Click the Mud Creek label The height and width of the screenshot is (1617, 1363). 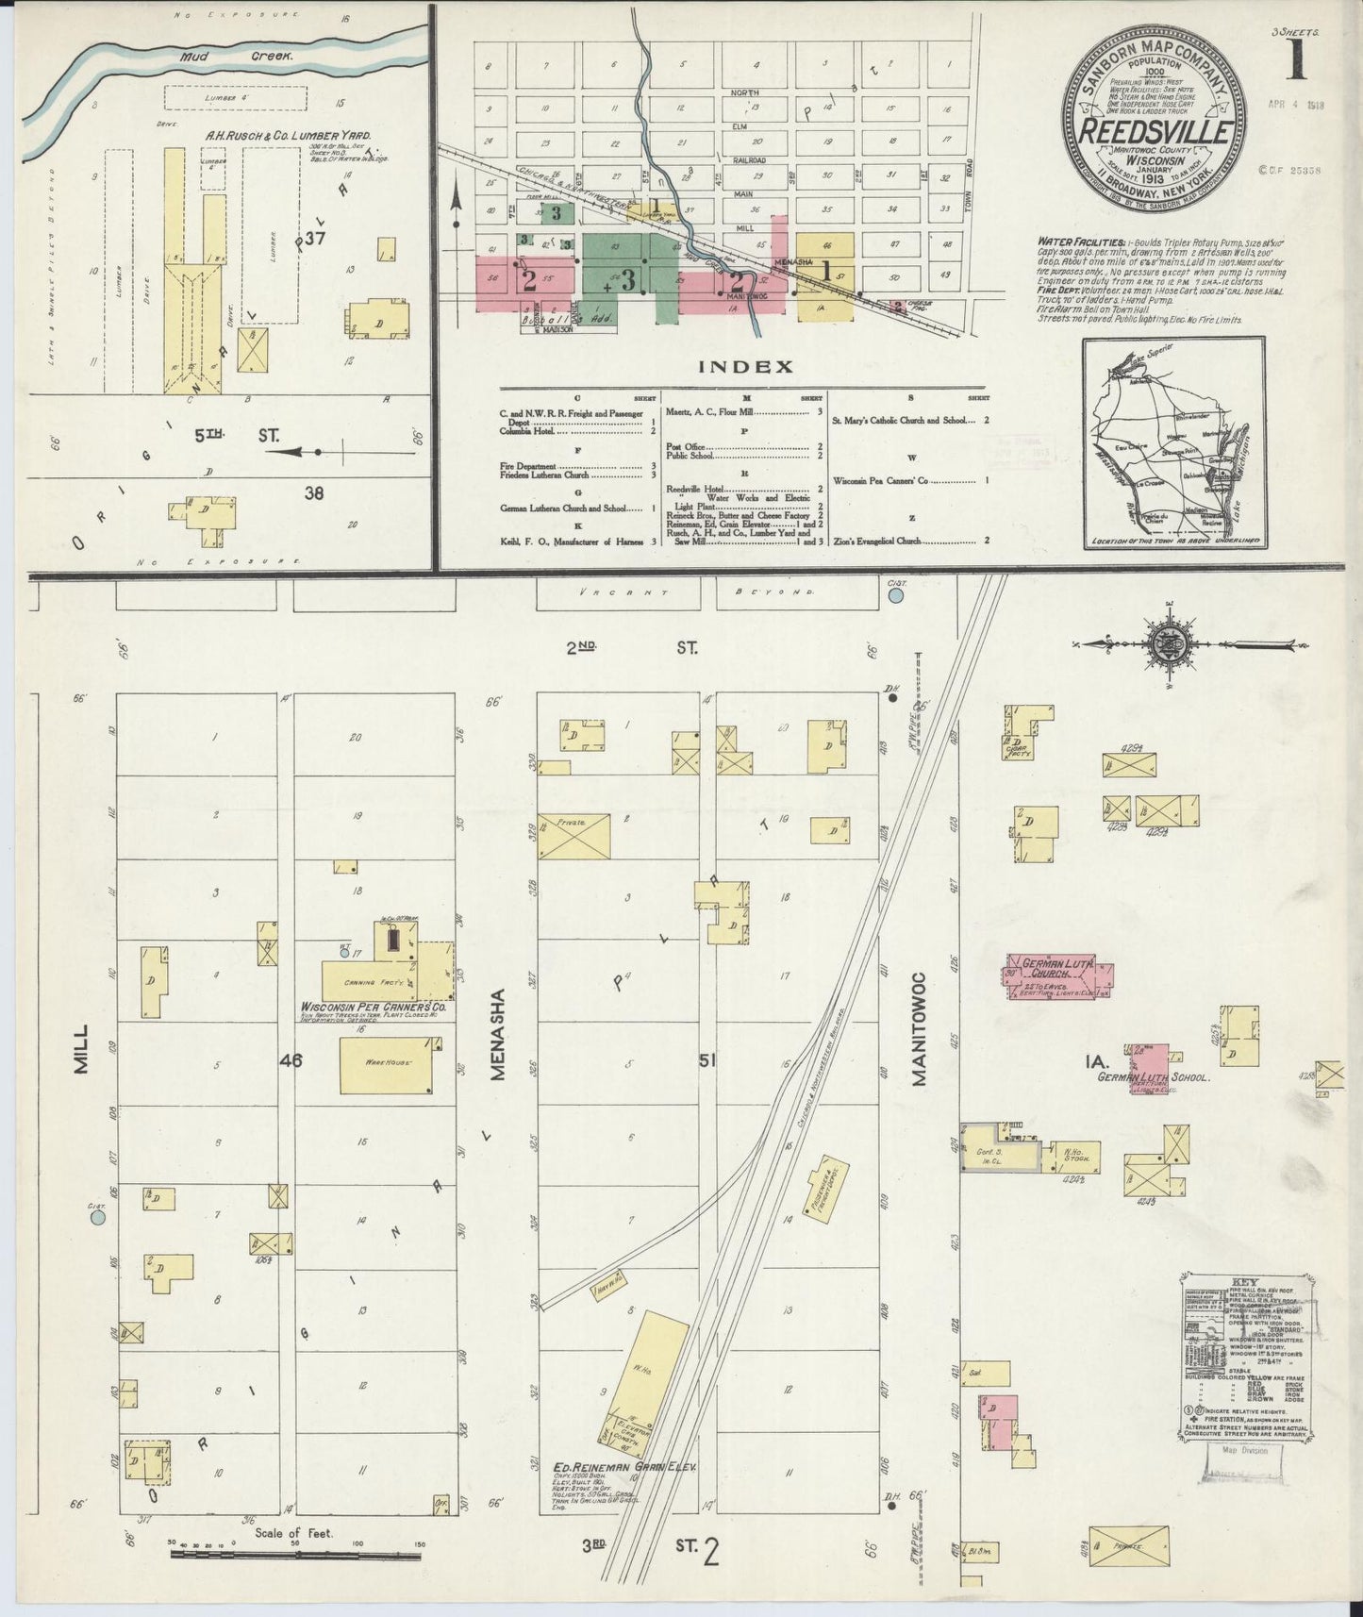tap(239, 57)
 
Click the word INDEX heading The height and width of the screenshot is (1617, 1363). tap(731, 367)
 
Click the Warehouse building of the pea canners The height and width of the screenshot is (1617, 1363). tap(386, 1064)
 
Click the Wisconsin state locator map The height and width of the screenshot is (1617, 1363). tap(1174, 445)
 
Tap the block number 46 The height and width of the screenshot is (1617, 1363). tap(291, 1060)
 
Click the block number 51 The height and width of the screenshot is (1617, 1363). tap(707, 1060)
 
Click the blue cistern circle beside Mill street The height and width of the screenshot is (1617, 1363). tap(96, 1218)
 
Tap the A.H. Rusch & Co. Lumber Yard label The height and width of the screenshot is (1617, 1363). tap(289, 135)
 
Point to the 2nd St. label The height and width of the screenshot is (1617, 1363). tap(630, 647)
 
